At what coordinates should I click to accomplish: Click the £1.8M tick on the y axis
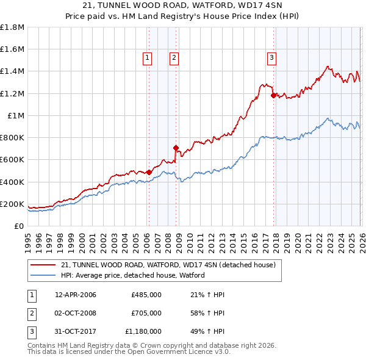pos(12,27)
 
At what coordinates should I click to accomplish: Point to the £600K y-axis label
pos(12,160)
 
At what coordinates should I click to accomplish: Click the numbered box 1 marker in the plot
pos(148,58)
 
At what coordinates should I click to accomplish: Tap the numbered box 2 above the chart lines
pos(174,58)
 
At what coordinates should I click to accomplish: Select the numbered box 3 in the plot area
pos(271,58)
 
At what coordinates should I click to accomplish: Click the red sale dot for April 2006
pos(149,173)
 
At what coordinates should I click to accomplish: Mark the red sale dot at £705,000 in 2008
pos(176,148)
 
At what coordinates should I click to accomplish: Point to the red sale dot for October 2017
pos(273,95)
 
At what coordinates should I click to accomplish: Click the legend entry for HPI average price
pos(132,275)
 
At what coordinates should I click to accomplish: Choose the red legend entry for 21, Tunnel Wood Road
pos(168,265)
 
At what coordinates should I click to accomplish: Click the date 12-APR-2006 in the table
pos(76,295)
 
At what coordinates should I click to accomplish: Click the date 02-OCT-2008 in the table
pos(76,313)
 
